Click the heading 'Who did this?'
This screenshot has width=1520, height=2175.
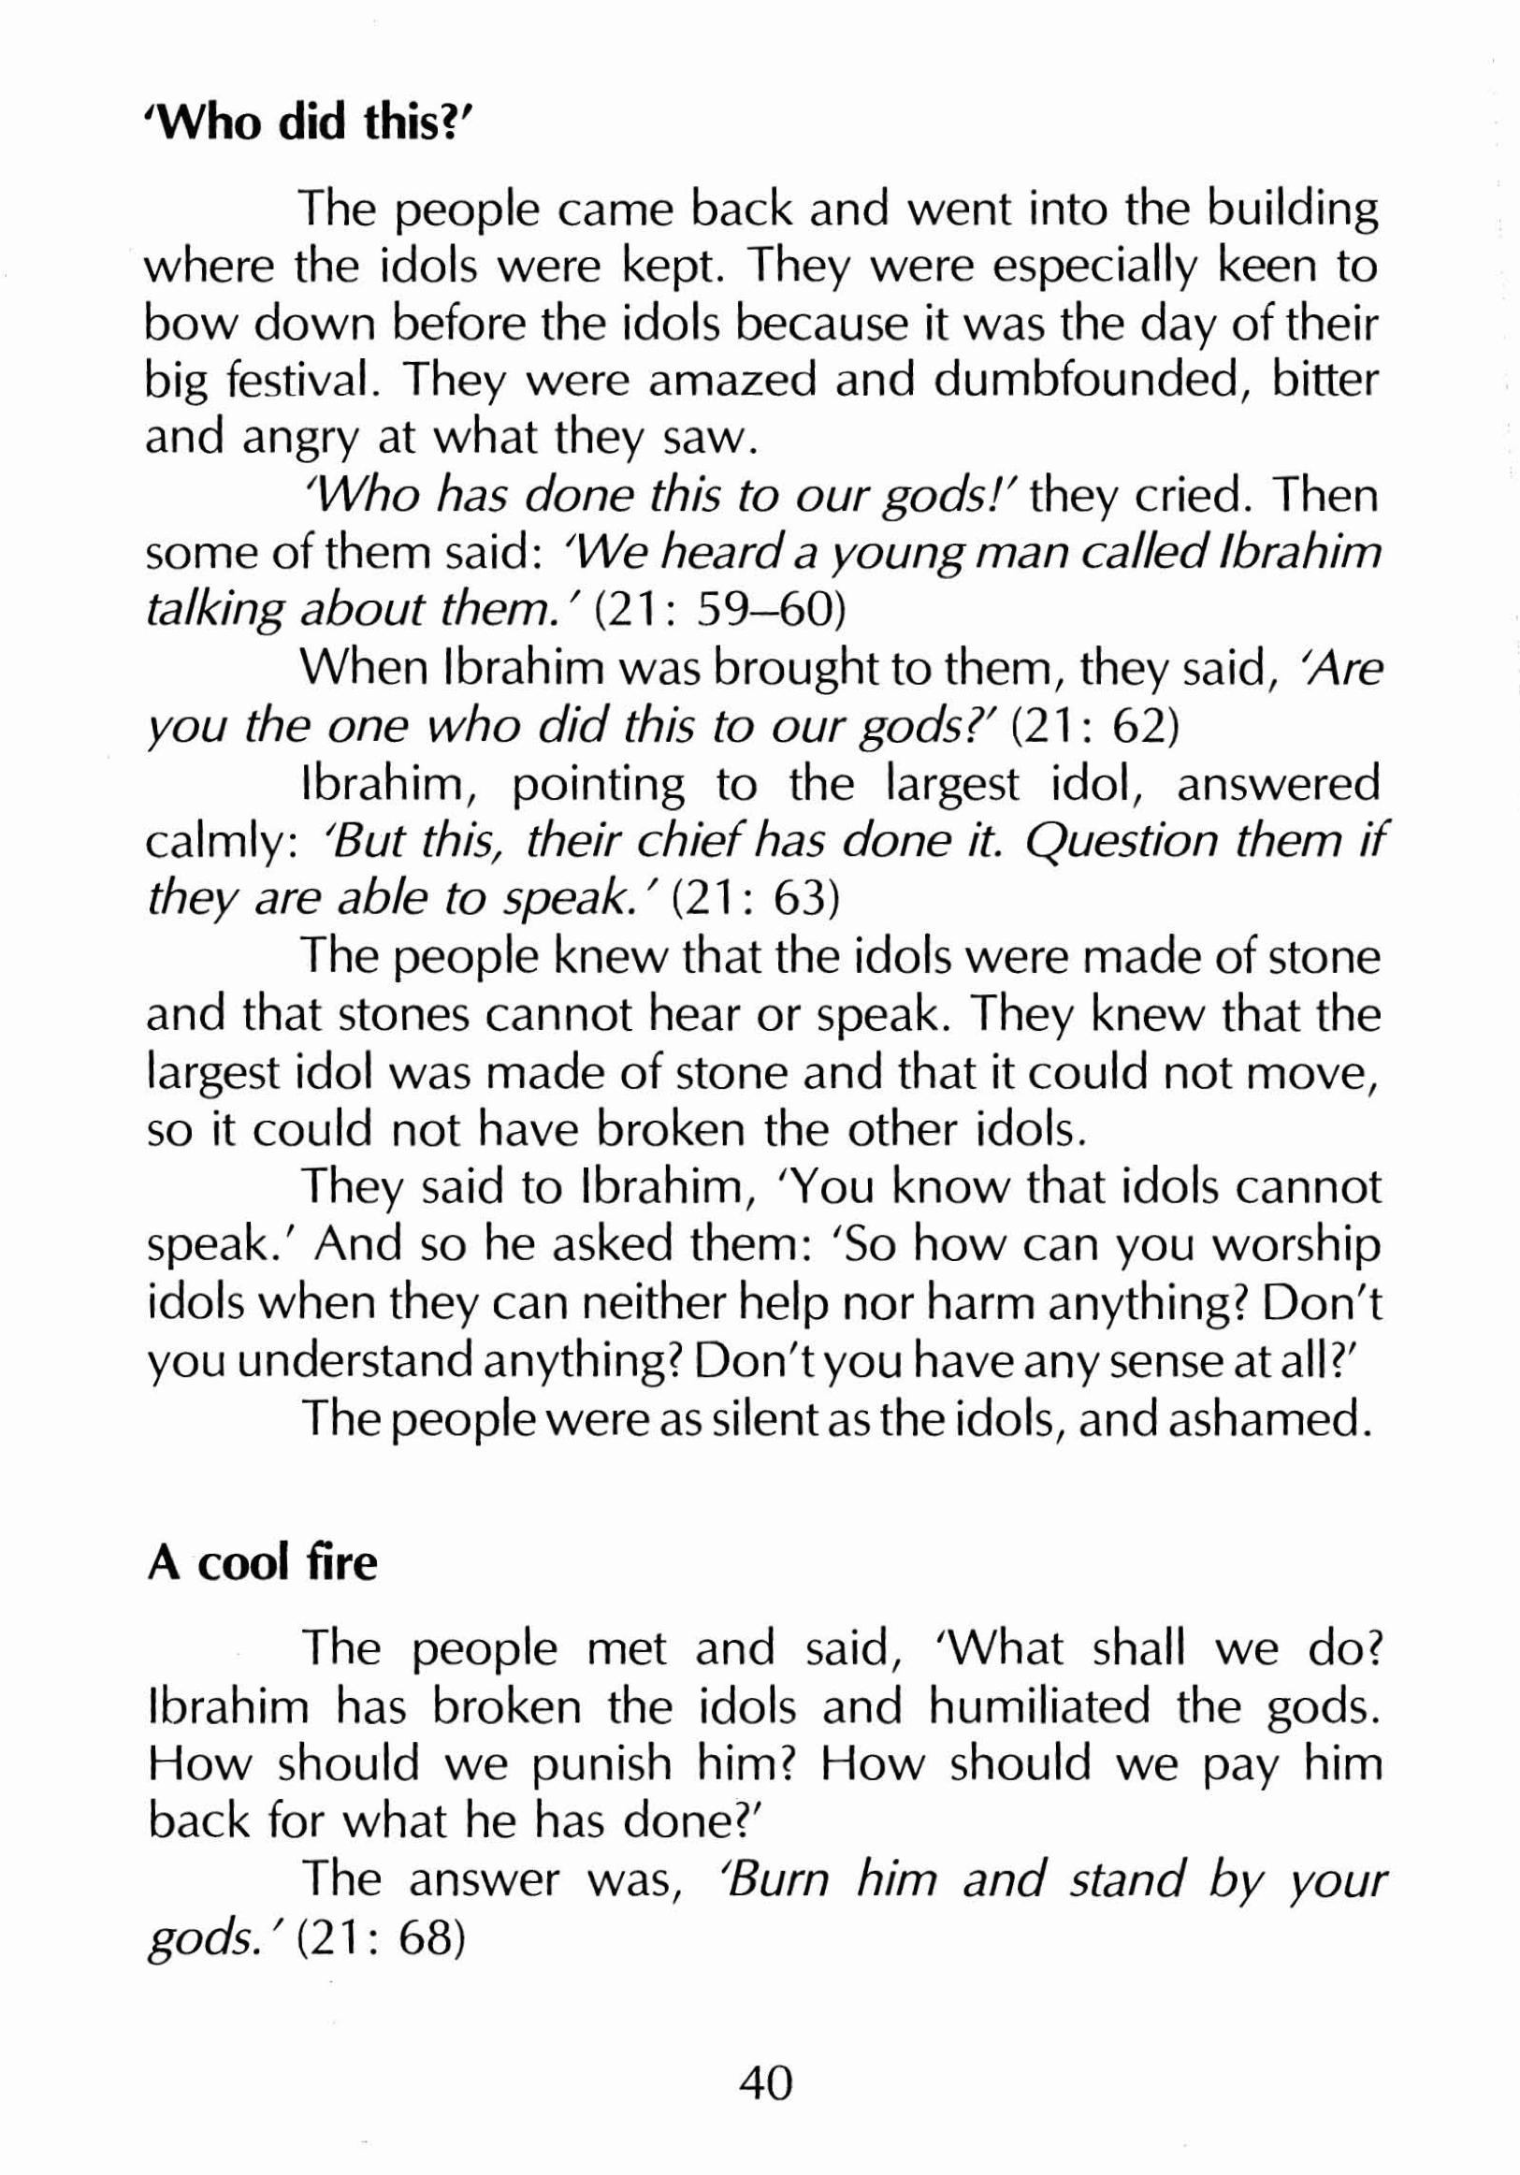(301, 123)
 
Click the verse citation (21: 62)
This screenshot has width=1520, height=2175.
(1094, 727)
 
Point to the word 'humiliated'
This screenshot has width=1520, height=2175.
(1038, 1706)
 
